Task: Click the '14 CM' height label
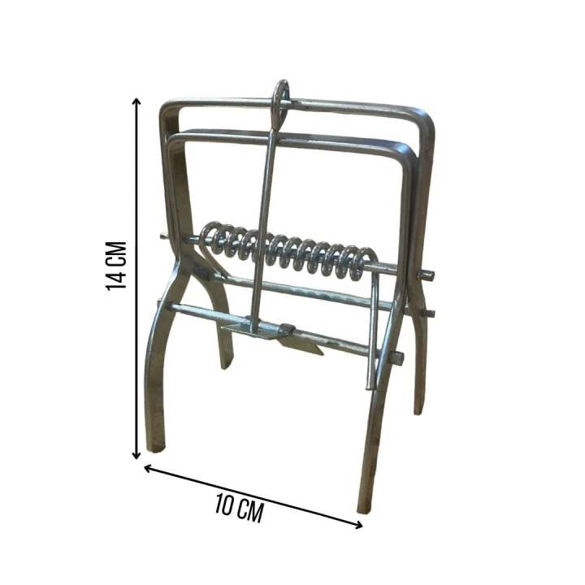(116, 266)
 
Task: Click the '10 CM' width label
(240, 508)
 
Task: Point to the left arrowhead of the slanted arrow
(148, 468)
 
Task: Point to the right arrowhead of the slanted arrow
(358, 526)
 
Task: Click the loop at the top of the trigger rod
(280, 102)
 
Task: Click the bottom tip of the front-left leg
(156, 448)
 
